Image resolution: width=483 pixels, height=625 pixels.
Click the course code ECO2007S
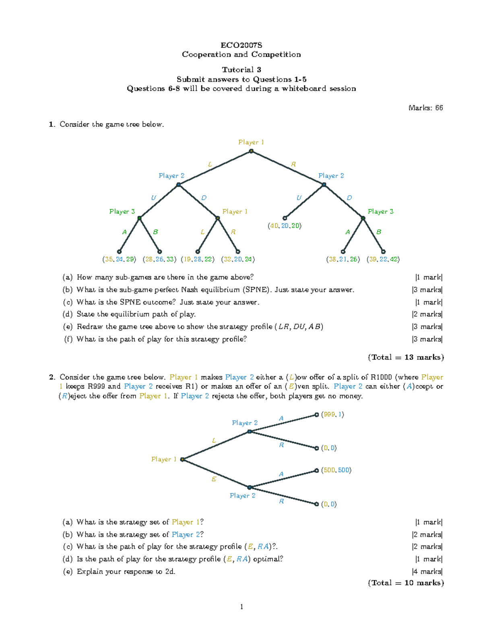(241, 45)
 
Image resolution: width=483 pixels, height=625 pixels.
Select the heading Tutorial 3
(241, 70)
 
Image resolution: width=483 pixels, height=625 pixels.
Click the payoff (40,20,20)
(285, 226)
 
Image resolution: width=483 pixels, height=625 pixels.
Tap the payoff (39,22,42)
(383, 260)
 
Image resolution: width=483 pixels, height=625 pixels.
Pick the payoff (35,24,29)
(119, 260)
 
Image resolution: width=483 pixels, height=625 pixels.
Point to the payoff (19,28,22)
(198, 260)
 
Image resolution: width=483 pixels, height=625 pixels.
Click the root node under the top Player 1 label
(251, 151)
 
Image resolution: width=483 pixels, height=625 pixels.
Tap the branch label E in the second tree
(214, 479)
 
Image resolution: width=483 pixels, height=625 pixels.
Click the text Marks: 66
(425, 108)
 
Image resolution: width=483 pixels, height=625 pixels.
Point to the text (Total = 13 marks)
(406, 357)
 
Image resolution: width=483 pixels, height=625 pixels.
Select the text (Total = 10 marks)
(406, 583)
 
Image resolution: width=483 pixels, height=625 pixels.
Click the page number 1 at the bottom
(242, 607)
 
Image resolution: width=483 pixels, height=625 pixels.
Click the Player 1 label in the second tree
(164, 459)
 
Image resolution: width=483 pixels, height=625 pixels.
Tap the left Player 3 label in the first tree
(122, 212)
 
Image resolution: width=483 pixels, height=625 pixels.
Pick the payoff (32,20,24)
(238, 260)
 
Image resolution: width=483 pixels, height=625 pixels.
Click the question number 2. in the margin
(52, 377)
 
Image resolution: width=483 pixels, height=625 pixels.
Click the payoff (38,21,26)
(343, 260)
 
